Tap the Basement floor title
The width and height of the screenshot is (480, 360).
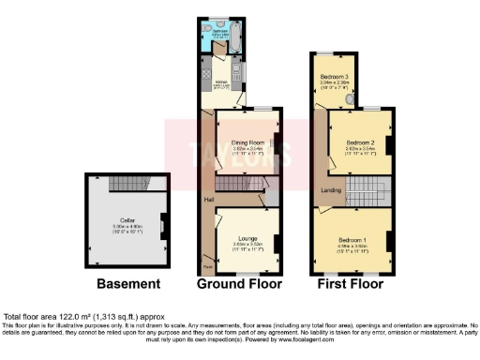pyautogui.click(x=128, y=283)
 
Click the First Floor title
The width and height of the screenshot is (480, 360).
pyautogui.click(x=352, y=283)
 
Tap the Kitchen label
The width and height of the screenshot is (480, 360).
pyautogui.click(x=223, y=82)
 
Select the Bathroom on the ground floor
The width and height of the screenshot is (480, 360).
pyautogui.click(x=220, y=33)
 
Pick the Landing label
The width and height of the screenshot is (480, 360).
pyautogui.click(x=330, y=190)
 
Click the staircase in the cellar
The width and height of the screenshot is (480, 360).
pyautogui.click(x=129, y=185)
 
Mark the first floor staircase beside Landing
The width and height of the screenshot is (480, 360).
pyautogui.click(x=367, y=194)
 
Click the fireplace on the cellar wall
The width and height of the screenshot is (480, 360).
pyautogui.click(x=165, y=225)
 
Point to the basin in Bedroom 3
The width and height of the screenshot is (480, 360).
pyautogui.click(x=350, y=97)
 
